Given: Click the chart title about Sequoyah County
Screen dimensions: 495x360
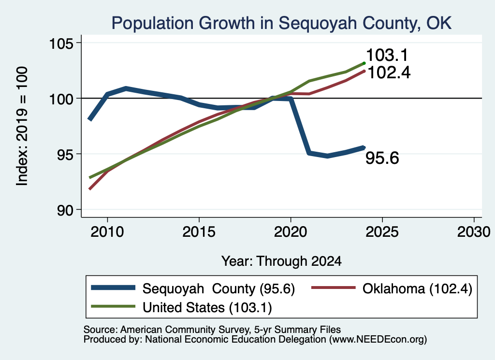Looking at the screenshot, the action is pyautogui.click(x=281, y=23).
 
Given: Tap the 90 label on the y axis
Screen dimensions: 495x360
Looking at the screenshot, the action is pyautogui.click(x=65, y=210).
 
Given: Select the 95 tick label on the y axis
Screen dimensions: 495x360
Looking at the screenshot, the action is pyautogui.click(x=65, y=154).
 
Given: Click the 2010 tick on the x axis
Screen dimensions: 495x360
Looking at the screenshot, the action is pyautogui.click(x=107, y=232).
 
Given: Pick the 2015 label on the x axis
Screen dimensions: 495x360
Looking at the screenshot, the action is pyautogui.click(x=199, y=232).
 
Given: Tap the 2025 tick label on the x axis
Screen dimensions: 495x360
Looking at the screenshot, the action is pyautogui.click(x=382, y=232).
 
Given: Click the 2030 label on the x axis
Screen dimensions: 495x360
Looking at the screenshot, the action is pyautogui.click(x=474, y=232).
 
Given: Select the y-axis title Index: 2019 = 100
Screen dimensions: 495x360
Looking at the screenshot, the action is pyautogui.click(x=22, y=126).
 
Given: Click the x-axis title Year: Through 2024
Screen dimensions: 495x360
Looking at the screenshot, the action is pyautogui.click(x=282, y=261).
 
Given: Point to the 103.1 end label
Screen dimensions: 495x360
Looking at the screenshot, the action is pyautogui.click(x=387, y=55).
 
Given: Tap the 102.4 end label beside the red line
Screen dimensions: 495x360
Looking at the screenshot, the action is pyautogui.click(x=389, y=72).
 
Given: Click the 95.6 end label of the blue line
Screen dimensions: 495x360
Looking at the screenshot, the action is pyautogui.click(x=382, y=158).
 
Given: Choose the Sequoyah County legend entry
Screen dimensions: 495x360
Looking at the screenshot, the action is pyautogui.click(x=193, y=288).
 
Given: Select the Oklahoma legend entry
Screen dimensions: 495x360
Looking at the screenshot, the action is pyautogui.click(x=392, y=288).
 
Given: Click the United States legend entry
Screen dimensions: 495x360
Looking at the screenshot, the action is pyautogui.click(x=181, y=307).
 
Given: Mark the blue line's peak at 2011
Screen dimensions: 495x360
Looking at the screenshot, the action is pyautogui.click(x=126, y=88).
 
